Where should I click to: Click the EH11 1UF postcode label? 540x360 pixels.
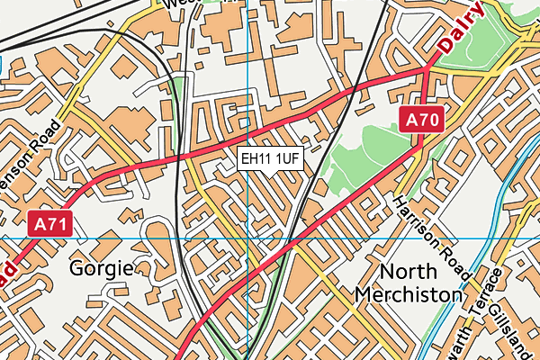270,159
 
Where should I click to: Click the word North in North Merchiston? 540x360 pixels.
409,272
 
